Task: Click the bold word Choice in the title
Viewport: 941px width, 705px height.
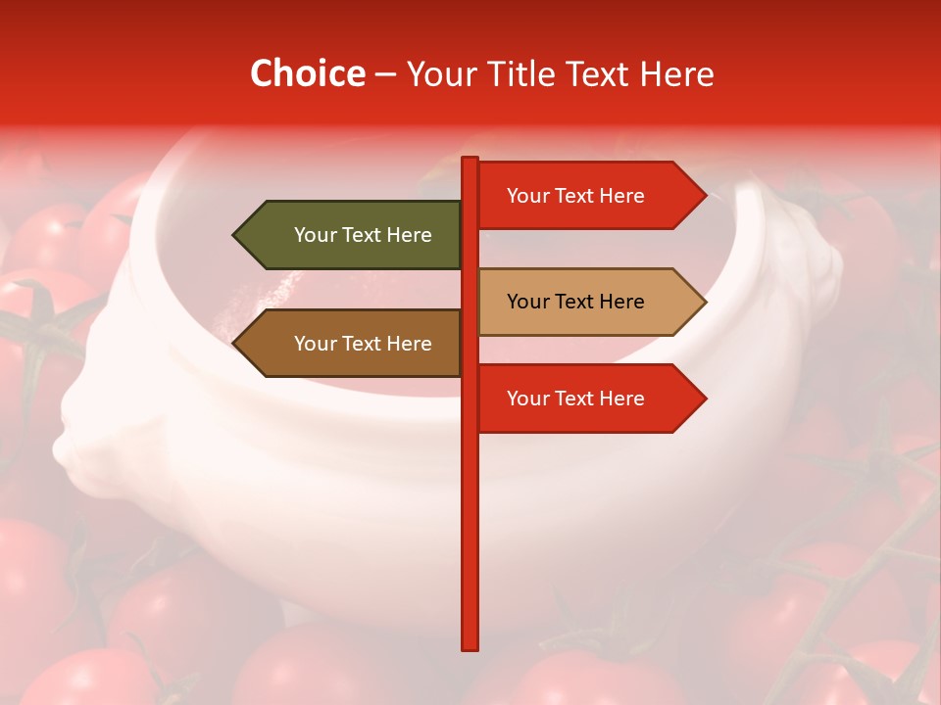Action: pos(307,73)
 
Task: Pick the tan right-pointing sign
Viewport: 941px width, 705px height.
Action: pos(583,302)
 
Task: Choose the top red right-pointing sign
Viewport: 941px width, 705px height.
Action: pos(583,195)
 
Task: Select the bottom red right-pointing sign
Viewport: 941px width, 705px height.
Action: pos(583,399)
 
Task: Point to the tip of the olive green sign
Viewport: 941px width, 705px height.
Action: pos(235,235)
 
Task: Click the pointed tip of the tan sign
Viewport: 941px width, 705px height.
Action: pos(704,302)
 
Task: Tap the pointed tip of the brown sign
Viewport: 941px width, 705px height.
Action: pos(235,344)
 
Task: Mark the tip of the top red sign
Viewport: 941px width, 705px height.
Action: pos(704,195)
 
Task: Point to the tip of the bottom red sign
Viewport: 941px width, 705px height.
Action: pos(704,399)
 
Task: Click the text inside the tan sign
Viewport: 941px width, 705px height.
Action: pos(575,302)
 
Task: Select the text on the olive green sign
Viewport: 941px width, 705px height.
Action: pos(363,235)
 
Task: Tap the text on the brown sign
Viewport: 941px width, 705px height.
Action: pos(363,344)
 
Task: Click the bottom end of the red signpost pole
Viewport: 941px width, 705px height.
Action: pos(470,646)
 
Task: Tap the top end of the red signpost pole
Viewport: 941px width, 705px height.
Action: pos(470,160)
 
